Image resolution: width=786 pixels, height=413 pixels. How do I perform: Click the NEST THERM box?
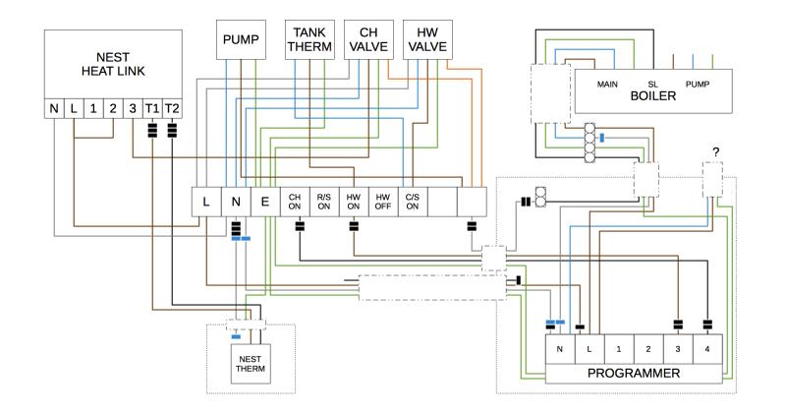[250, 363]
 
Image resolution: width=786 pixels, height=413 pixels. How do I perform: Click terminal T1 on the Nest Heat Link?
[151, 106]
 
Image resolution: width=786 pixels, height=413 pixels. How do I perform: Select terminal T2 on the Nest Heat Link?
[172, 106]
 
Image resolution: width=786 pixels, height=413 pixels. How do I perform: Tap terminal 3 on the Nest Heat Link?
[132, 106]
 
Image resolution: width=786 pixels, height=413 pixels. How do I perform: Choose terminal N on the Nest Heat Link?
[54, 106]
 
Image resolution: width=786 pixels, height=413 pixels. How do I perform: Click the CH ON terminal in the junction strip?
[295, 202]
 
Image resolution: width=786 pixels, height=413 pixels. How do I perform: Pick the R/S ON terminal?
[324, 202]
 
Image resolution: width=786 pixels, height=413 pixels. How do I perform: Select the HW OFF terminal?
[383, 202]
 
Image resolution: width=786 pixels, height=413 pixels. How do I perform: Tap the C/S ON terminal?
[413, 202]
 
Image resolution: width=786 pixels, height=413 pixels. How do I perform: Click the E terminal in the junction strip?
[265, 202]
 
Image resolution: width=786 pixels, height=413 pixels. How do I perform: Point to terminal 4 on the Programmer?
[706, 349]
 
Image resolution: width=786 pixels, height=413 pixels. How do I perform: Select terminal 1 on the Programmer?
[618, 349]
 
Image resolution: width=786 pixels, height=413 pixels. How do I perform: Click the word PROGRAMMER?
[635, 374]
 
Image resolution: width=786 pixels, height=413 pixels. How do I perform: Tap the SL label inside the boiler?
[651, 85]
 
